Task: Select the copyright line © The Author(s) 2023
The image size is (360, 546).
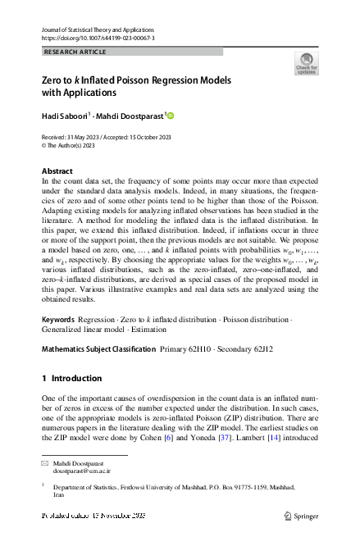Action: point(68,145)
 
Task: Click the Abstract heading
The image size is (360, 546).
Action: point(57,171)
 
